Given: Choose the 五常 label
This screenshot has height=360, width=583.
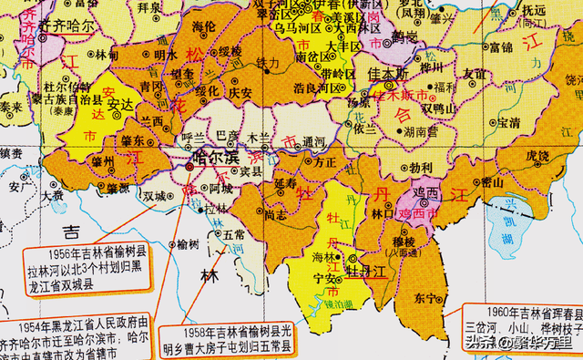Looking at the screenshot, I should pyautogui.click(x=230, y=235).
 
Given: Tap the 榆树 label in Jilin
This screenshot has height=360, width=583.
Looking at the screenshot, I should pyautogui.click(x=187, y=244).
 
